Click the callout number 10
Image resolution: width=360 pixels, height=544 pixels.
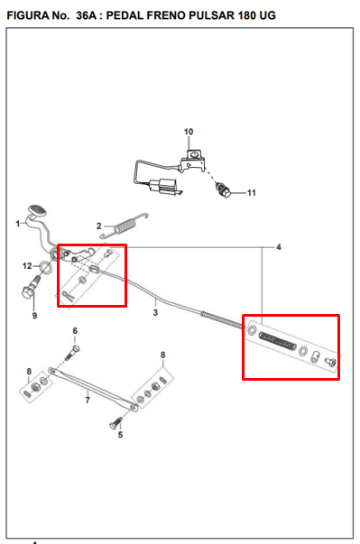189,132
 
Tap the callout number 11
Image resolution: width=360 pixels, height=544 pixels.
252,193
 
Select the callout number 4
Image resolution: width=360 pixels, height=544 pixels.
279,247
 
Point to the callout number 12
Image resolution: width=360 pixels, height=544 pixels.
27,266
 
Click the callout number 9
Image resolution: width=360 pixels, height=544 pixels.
34,316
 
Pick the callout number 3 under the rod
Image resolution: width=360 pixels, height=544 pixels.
155,312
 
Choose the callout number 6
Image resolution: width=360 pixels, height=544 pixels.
75,331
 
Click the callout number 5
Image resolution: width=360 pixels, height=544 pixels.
120,435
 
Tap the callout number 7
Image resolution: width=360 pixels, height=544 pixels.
88,400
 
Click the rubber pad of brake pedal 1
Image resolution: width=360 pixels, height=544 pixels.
38,211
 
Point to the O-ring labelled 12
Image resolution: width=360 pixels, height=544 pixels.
46,266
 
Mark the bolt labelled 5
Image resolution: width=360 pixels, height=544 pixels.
116,422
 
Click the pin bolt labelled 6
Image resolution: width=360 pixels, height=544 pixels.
72,352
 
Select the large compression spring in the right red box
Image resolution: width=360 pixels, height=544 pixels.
278,341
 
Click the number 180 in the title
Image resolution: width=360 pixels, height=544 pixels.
246,15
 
